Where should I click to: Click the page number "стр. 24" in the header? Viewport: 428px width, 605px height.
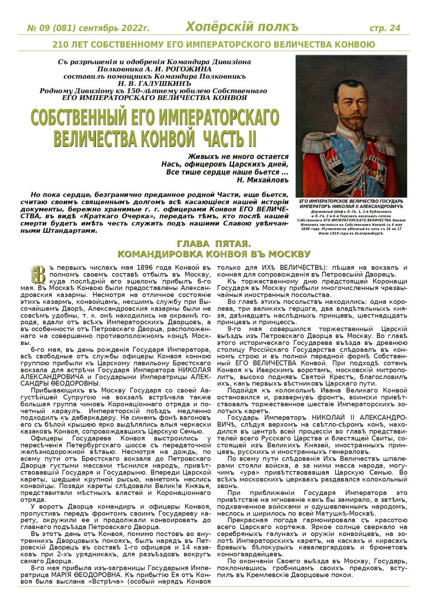[x=385, y=28]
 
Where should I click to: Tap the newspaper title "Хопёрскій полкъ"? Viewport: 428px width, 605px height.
[x=242, y=27]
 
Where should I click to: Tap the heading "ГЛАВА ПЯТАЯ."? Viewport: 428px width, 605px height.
[x=213, y=244]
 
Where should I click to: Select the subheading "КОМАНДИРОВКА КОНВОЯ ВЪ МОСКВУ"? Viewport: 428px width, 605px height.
[x=213, y=254]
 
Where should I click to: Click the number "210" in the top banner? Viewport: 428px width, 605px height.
[x=61, y=44]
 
